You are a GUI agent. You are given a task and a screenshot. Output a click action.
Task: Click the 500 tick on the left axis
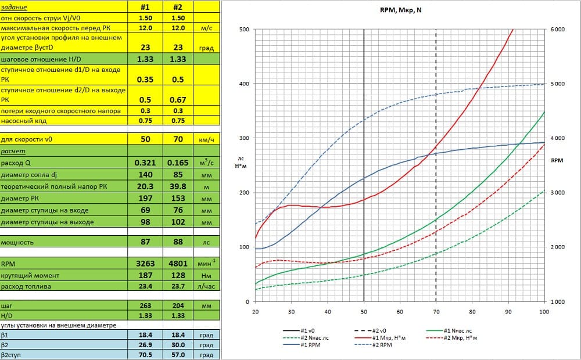tap(244, 30)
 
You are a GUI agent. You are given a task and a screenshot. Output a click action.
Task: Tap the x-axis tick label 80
tap(472, 312)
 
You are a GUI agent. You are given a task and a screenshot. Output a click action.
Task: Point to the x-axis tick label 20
tap(255, 312)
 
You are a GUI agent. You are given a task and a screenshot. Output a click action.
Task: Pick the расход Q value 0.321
tap(145, 163)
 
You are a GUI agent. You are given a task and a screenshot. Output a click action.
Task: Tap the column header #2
tap(178, 7)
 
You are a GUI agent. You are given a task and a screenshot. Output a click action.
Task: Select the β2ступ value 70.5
tap(145, 355)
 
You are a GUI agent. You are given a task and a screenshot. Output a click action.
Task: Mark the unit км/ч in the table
tap(206, 139)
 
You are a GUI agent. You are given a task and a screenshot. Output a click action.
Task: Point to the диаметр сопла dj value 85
tap(178, 175)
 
